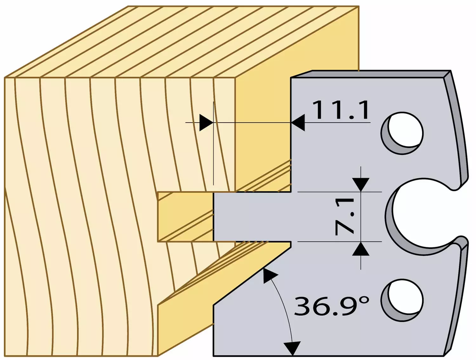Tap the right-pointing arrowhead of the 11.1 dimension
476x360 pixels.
[206, 123]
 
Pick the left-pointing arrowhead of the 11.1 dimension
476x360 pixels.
[298, 123]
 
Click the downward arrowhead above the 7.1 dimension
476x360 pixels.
[360, 185]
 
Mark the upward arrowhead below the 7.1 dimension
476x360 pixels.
[360, 249]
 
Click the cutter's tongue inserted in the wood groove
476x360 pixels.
[252, 217]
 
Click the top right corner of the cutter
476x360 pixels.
[451, 70]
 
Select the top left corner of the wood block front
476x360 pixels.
[5, 77]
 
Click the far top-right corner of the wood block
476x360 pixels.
[359, 6]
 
